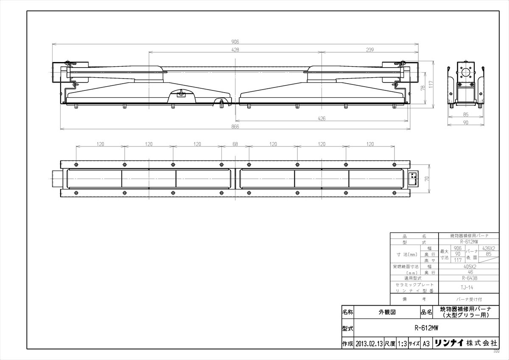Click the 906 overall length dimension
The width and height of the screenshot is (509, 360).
point(235,42)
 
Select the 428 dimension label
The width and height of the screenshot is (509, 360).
point(235,50)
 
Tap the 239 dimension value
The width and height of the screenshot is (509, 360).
point(369,50)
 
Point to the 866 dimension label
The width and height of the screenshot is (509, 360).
point(235,127)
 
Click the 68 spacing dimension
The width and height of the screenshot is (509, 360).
point(235,144)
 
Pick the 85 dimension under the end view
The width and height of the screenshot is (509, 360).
point(465,114)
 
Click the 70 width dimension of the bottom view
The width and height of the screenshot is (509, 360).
point(427,179)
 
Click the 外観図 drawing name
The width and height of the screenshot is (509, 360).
point(386,312)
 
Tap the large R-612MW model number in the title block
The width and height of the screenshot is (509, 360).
point(426,328)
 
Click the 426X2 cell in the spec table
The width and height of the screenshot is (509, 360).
point(489,248)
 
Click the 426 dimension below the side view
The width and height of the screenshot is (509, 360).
point(322,119)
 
